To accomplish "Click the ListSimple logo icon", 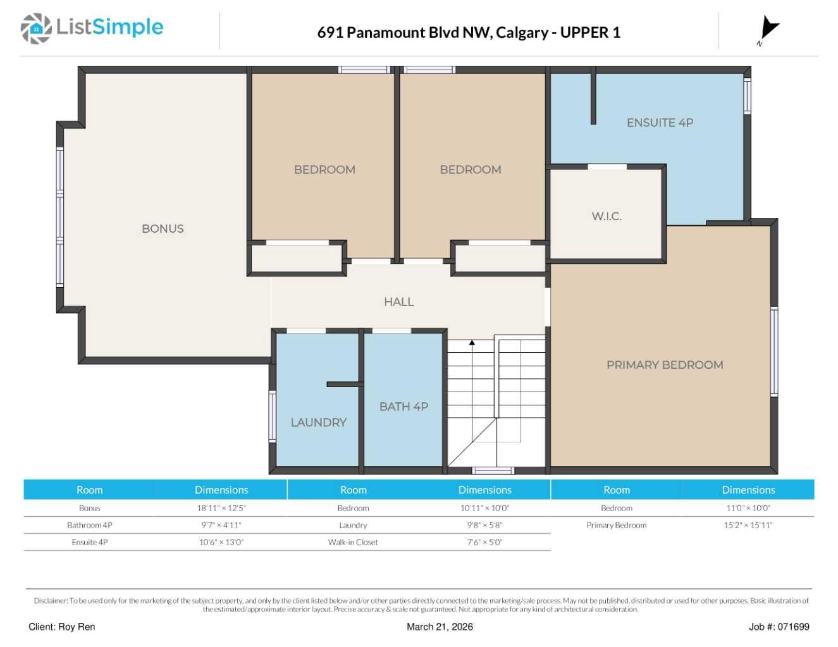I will (x=35, y=28).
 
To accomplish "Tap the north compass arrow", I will (x=768, y=28).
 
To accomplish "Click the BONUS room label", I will (x=163, y=229).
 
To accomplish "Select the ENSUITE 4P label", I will (x=660, y=123).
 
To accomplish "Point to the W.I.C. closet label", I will (x=607, y=216).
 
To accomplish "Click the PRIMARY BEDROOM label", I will (x=665, y=365).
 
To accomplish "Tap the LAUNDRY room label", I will (x=318, y=422).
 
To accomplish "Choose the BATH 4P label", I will (x=404, y=407).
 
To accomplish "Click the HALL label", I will (x=398, y=302).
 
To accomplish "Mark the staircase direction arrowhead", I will (x=472, y=343).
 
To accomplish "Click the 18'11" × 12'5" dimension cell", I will (x=221, y=508).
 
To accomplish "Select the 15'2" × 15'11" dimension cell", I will (x=748, y=525).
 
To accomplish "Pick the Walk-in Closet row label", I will (x=353, y=542).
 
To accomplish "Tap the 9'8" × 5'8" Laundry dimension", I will (x=484, y=525).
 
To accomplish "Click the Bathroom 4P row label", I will (x=90, y=525).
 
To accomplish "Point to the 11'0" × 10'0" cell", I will (x=748, y=508).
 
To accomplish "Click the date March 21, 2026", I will (x=440, y=627).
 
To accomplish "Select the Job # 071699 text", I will (x=779, y=627).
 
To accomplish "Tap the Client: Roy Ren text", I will (x=62, y=627).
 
